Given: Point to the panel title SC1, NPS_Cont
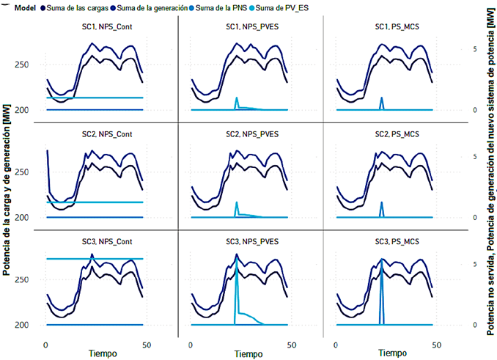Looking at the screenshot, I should pyautogui.click(x=95, y=27).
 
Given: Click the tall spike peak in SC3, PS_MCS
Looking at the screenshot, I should pyautogui.click(x=381, y=265).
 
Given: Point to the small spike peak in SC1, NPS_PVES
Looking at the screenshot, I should pyautogui.click(x=236, y=98).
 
